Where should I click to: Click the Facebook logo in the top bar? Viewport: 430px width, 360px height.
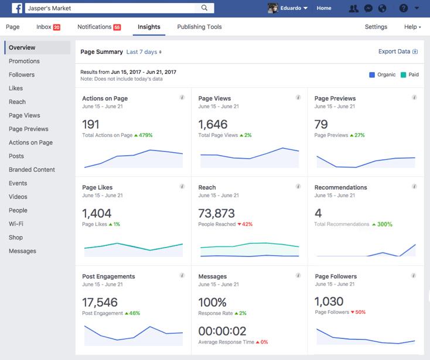(x=16, y=8)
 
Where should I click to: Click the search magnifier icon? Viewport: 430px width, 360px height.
(x=204, y=8)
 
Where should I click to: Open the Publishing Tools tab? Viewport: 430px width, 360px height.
(x=199, y=27)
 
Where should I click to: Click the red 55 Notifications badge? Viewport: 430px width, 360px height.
(x=117, y=28)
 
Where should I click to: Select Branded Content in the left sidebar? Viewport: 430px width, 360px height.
(x=32, y=170)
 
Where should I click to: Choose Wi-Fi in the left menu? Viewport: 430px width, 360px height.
(x=16, y=224)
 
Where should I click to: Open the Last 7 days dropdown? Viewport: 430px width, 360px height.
(x=144, y=52)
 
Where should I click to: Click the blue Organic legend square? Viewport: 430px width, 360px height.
(x=372, y=75)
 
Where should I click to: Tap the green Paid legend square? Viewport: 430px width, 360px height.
(x=404, y=75)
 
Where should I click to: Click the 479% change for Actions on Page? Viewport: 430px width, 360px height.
(x=144, y=135)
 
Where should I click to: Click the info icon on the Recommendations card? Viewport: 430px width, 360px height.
(x=415, y=186)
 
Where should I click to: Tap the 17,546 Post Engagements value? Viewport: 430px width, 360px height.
(x=100, y=302)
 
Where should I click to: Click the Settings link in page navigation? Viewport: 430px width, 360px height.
(x=376, y=27)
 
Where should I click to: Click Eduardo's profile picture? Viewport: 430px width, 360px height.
(x=272, y=8)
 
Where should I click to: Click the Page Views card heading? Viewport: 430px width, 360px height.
(x=214, y=98)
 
